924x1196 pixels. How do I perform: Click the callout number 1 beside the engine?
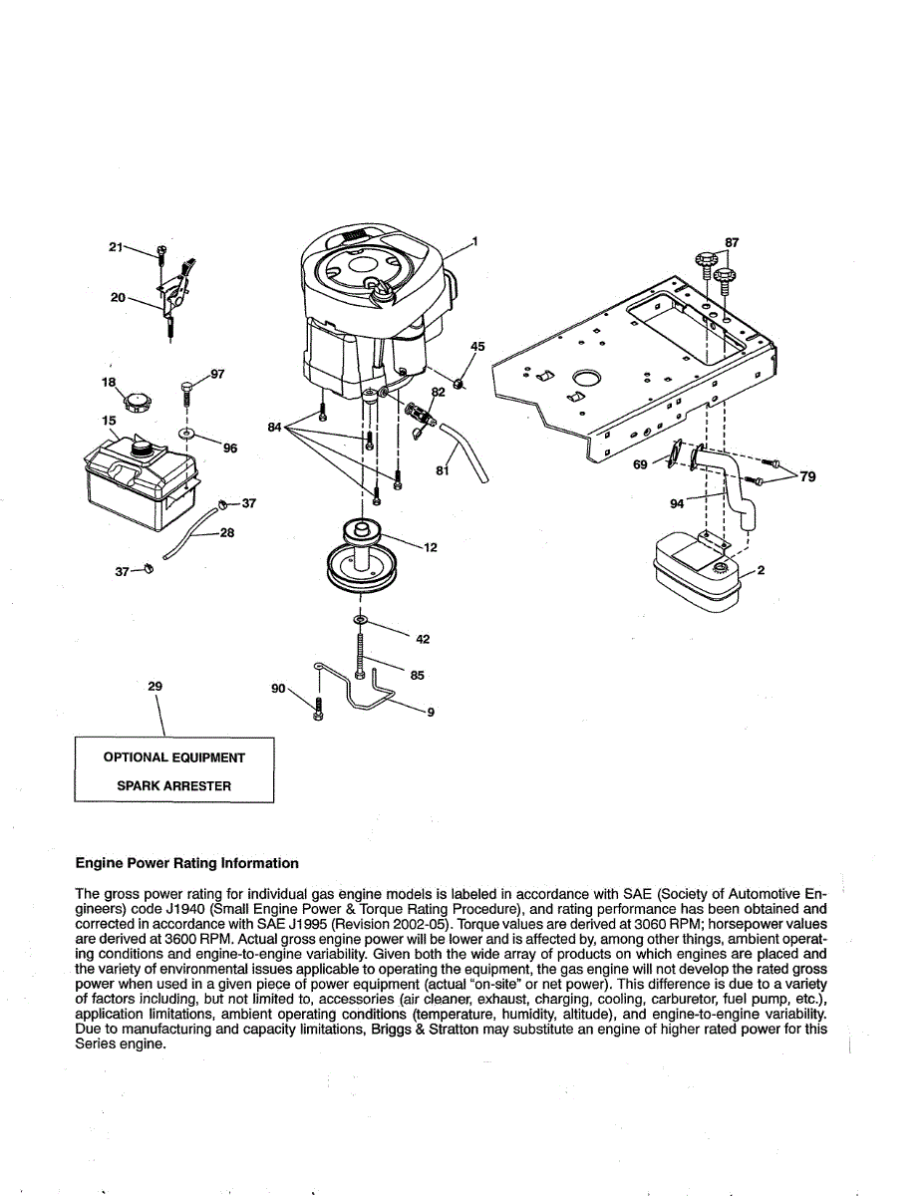[474, 240]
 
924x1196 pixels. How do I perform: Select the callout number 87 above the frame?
[732, 242]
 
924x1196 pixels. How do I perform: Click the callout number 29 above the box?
[154, 686]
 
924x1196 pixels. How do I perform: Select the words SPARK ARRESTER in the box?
[173, 785]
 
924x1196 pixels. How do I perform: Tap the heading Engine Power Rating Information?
[186, 863]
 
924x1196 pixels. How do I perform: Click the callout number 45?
[477, 347]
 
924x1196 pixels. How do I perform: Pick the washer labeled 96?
[187, 435]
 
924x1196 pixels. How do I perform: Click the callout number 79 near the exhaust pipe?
[807, 476]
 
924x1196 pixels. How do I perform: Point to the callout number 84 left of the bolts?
[275, 427]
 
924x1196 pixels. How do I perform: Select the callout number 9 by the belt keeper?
[431, 712]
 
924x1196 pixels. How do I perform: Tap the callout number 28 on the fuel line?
[227, 532]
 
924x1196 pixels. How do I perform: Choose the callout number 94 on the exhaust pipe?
[678, 503]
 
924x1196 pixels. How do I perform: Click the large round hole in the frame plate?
[587, 380]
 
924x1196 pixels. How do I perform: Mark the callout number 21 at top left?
[116, 246]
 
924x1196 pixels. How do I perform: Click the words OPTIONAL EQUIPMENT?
[173, 757]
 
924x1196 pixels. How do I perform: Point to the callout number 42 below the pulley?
[423, 639]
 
